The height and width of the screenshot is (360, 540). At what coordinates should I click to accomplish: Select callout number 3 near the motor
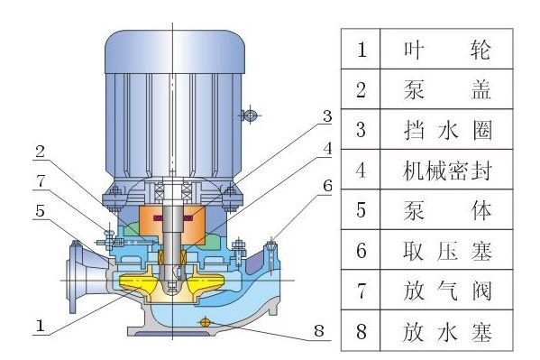327,117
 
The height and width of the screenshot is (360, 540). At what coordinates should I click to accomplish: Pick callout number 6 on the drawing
327,187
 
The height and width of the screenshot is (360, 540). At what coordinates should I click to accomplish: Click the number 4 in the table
362,170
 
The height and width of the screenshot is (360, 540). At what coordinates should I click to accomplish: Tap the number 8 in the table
362,331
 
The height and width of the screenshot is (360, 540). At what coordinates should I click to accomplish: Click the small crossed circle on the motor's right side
252,115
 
